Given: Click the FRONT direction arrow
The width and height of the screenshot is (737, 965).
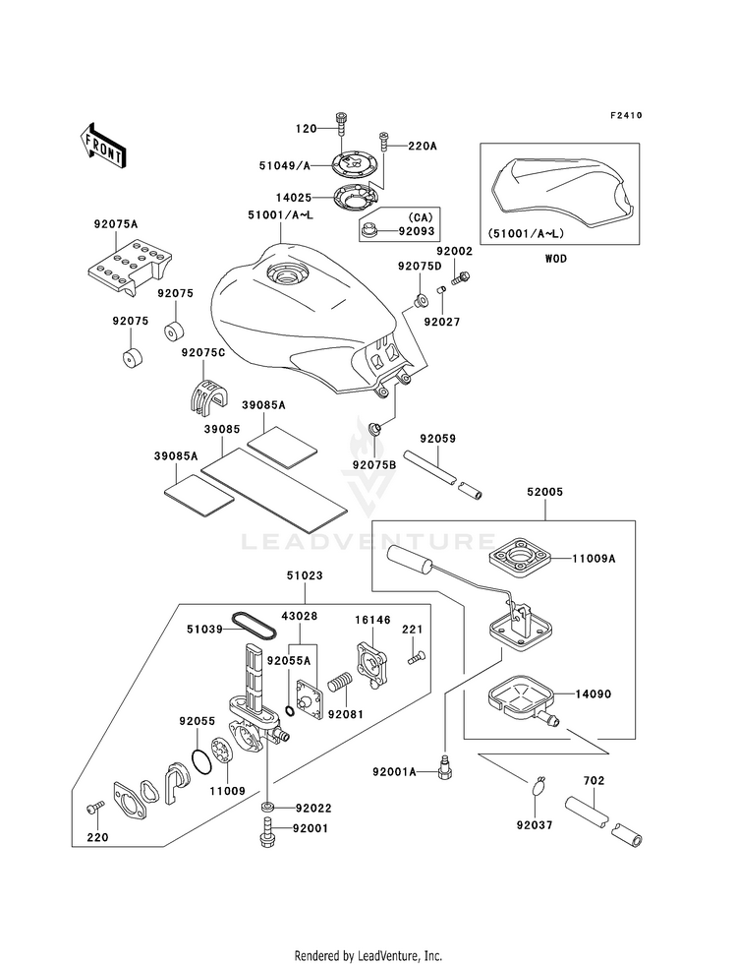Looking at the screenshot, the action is click(x=102, y=146).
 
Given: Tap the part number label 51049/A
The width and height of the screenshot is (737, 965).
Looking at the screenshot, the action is click(x=285, y=165).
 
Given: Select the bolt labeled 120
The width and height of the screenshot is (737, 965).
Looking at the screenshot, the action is click(x=341, y=127).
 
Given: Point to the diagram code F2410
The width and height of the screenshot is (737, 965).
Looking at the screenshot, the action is click(x=626, y=115).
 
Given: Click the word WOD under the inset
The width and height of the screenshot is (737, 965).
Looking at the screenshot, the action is click(x=555, y=259).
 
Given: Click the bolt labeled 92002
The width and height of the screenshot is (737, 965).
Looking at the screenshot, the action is click(x=460, y=278).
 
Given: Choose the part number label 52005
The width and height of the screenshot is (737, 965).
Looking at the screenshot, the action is click(x=544, y=492).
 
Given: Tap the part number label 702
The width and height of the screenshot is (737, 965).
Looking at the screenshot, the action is click(x=594, y=780).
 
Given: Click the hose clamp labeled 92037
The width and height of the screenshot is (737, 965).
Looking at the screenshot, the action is click(x=539, y=786).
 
